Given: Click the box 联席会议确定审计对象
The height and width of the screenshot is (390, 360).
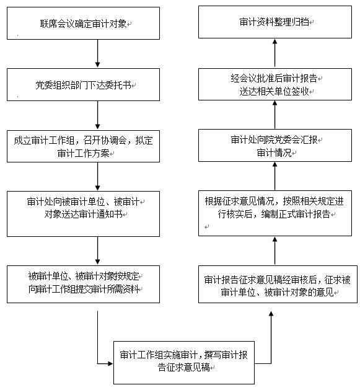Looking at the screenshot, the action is tap(83, 23).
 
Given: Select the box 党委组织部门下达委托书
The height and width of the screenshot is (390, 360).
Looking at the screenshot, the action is tap(83, 84).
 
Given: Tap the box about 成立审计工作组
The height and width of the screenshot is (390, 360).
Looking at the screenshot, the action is tap(83, 146).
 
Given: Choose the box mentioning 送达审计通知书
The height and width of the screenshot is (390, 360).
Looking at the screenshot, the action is tap(83, 214).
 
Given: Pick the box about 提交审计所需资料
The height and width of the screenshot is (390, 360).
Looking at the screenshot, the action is tap(83, 284).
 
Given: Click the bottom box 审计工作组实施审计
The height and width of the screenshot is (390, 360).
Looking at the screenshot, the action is tap(184, 362).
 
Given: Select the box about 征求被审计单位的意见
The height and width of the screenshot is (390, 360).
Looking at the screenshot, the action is tap(278, 284).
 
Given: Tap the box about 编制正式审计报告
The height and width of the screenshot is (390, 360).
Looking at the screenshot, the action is tap(275, 213).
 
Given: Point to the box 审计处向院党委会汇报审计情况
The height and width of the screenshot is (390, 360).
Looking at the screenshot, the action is tap(275, 145).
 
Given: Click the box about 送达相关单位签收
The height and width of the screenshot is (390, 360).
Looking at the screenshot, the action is tap(275, 84).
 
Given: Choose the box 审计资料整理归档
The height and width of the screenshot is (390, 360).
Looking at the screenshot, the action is tap(275, 22).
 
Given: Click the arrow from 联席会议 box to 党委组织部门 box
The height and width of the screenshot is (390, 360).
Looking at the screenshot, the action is tap(97, 53).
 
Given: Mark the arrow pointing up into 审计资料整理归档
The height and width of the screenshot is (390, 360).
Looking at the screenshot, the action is tap(274, 53).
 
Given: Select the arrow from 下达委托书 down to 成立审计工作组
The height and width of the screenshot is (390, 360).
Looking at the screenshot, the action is tap(97, 115).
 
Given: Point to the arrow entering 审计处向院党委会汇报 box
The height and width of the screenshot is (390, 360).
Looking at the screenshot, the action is tap(274, 176).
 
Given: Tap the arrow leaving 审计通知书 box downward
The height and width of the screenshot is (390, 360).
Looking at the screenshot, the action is tap(97, 250).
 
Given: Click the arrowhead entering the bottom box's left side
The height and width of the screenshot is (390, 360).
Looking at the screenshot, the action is tap(110, 363).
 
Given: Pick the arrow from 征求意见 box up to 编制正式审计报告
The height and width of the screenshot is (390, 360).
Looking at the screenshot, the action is tap(274, 250).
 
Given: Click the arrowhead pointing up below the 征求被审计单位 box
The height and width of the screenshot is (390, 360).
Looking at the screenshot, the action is tap(271, 314).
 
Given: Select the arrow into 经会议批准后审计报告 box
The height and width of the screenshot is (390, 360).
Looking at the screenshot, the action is tap(274, 115).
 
